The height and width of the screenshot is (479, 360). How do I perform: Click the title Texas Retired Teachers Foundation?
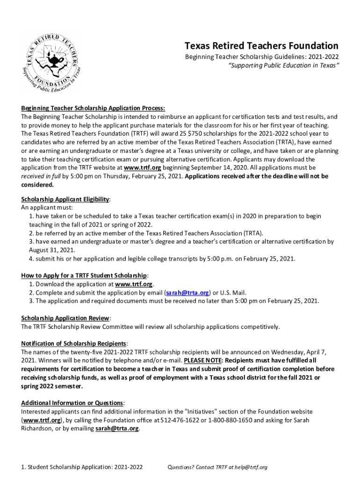point(261,45)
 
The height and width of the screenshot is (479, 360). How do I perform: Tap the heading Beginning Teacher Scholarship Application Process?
point(93,108)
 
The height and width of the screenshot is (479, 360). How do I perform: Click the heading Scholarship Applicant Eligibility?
point(65,199)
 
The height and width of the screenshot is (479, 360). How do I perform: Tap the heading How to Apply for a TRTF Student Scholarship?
point(85,275)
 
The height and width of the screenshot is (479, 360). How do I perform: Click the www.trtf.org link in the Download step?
point(134,284)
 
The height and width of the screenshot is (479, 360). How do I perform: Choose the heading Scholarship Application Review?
point(65,318)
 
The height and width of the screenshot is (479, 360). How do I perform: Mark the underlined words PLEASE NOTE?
point(202,360)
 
